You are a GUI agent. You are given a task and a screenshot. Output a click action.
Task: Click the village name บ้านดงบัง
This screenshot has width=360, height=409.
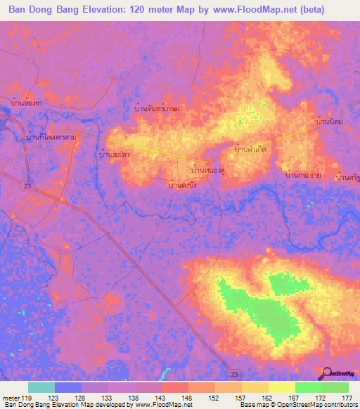click(x=181, y=185)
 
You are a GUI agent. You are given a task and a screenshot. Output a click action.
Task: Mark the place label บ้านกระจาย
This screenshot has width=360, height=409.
click(x=303, y=174)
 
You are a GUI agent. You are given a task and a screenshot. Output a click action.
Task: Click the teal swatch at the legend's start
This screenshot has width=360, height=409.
click(x=41, y=387)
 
